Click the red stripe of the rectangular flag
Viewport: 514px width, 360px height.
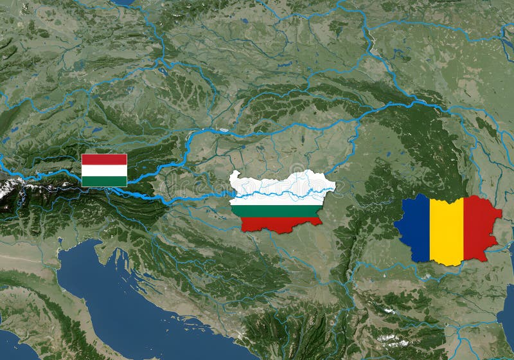(x=104, y=159)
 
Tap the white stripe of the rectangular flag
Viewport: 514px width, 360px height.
(x=104, y=170)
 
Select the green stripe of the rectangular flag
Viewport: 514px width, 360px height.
(x=104, y=181)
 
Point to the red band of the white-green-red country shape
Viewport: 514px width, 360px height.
(x=279, y=223)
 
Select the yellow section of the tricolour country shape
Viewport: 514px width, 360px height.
(x=447, y=231)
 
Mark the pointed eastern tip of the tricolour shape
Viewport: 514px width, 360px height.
(x=502, y=212)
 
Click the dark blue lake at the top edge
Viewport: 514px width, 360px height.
(x=122, y=3)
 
